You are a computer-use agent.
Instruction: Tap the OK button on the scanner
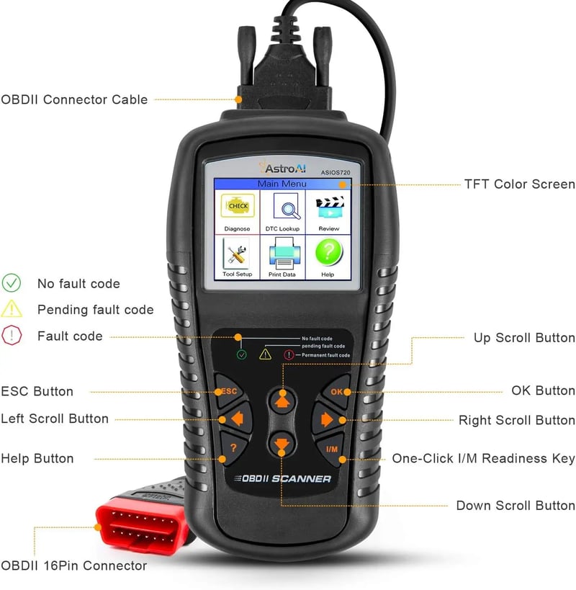pos(336,391)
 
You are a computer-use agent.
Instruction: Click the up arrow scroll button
pos(282,401)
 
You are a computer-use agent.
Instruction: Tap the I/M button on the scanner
pos(331,450)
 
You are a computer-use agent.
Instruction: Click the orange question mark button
pos(233,448)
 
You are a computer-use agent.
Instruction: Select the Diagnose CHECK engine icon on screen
pos(238,206)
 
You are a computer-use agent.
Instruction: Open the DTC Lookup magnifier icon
pos(286,206)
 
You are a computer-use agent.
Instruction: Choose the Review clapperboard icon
pos(330,207)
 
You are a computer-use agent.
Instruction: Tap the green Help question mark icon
pos(328,252)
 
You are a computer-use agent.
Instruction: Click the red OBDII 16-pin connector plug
pos(142,525)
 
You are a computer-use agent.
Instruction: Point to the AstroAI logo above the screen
pos(283,167)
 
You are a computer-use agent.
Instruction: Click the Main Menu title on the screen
pos(282,184)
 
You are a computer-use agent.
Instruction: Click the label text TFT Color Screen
pos(520,184)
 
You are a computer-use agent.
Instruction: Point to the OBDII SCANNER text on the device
pos(283,478)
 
